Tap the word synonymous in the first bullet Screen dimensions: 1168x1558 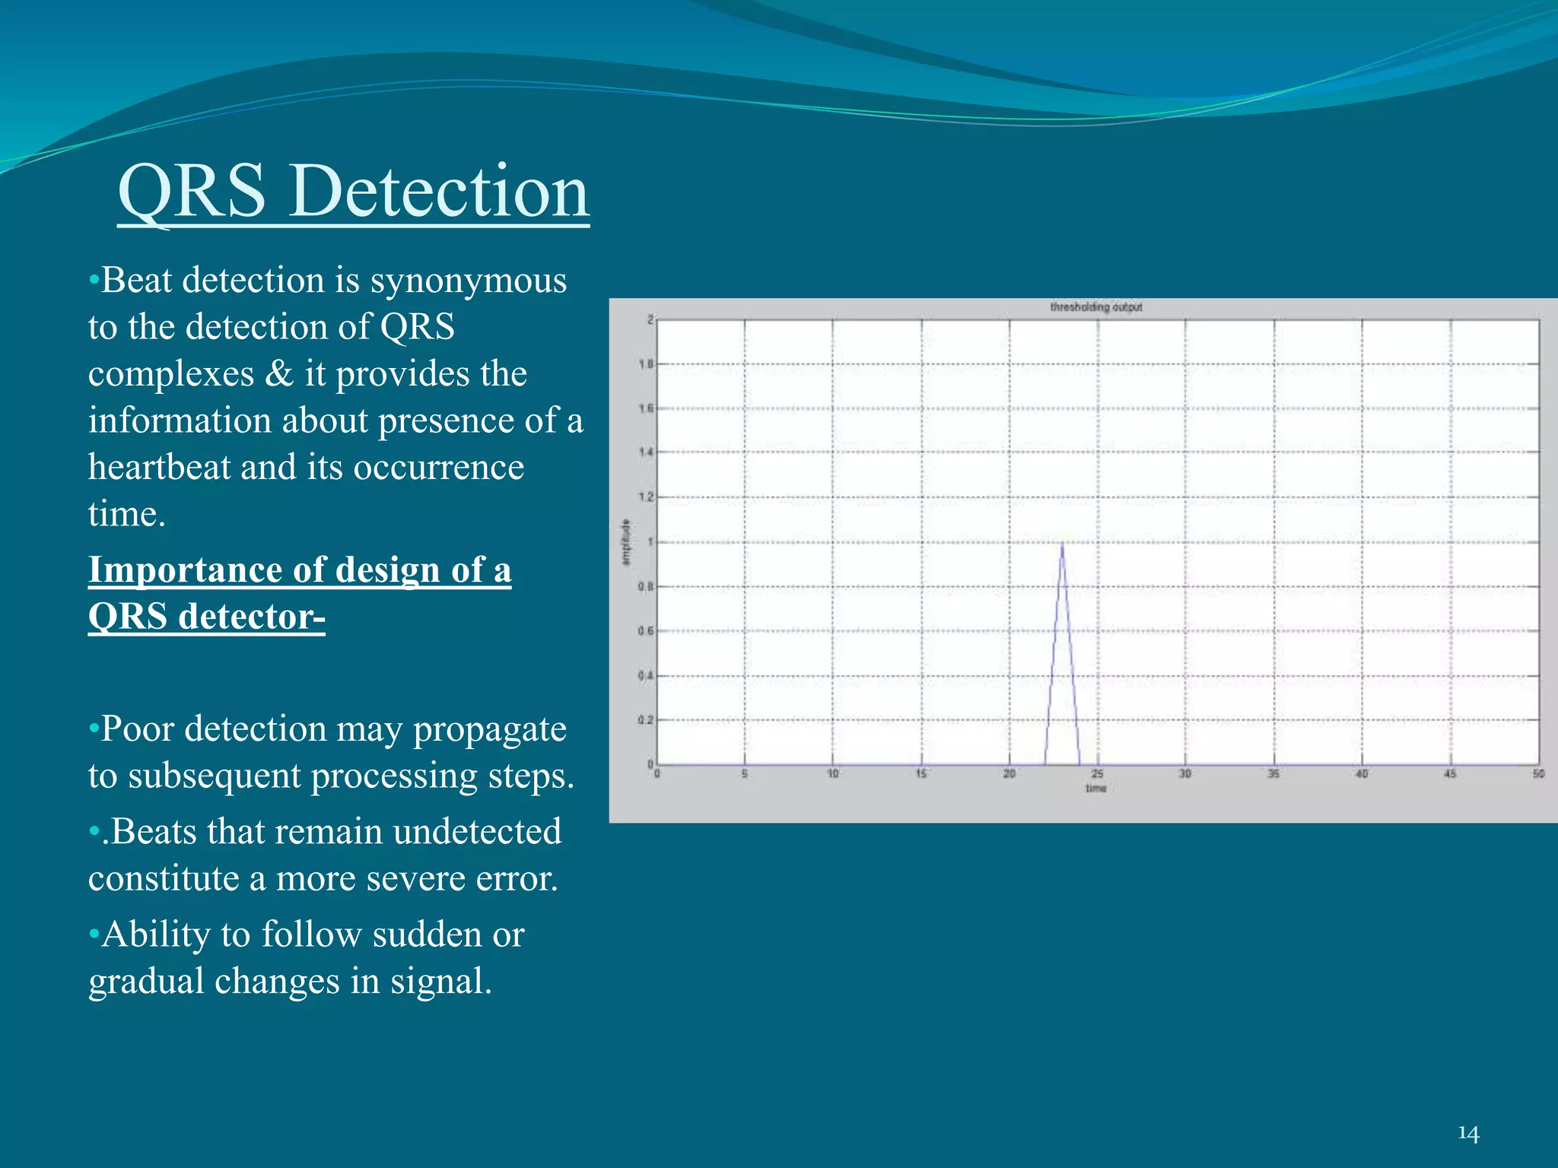(x=468, y=281)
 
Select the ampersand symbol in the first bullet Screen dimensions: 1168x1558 (x=279, y=373)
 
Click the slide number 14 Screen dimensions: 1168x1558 (x=1468, y=1134)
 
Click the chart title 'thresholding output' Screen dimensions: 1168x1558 (x=1095, y=307)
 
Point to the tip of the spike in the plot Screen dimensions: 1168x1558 (x=1061, y=543)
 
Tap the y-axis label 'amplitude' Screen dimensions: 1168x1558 (x=627, y=542)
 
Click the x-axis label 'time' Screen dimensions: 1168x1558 (x=1095, y=788)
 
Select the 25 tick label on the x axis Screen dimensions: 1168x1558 (x=1097, y=774)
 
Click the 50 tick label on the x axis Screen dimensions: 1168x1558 (x=1538, y=774)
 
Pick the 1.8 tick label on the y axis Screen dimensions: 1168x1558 (x=646, y=364)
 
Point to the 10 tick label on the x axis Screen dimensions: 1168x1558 (x=833, y=774)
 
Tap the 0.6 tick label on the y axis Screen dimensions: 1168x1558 (x=646, y=631)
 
